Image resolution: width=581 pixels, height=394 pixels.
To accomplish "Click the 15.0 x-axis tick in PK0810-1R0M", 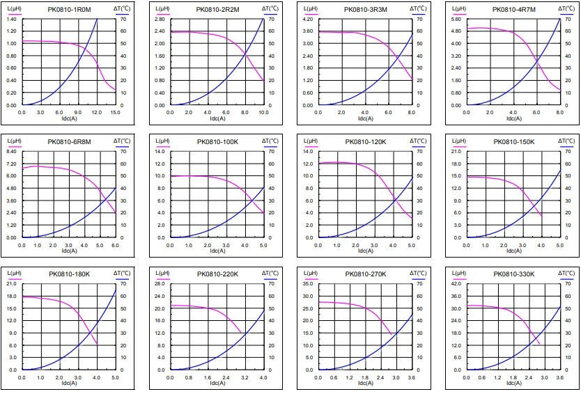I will coord(116,111).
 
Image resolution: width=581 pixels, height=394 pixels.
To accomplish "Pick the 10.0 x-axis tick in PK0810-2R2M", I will coord(263,111).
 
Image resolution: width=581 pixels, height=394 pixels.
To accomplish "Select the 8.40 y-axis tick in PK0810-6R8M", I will coord(12,151).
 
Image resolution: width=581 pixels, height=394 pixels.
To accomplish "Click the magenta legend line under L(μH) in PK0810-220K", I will coord(162,278).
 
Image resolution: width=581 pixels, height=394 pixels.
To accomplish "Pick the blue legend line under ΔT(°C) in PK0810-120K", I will coord(417,146).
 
